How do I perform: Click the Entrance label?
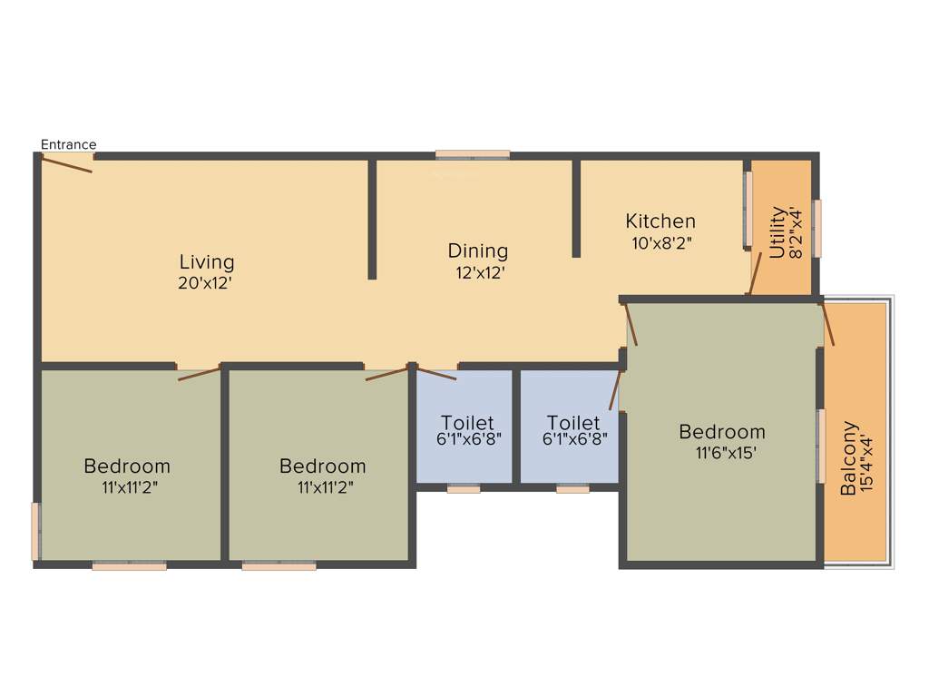(x=68, y=144)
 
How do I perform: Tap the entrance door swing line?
(x=66, y=164)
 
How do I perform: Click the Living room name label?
(x=207, y=262)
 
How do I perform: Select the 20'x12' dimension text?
(x=207, y=282)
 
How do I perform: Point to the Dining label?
(x=478, y=250)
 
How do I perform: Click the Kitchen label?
(x=660, y=221)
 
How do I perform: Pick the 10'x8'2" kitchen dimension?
(x=662, y=242)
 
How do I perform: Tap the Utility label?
(x=777, y=233)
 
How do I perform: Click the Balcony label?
(x=849, y=457)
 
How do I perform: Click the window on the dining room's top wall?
(x=472, y=154)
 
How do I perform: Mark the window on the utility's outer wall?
(x=817, y=228)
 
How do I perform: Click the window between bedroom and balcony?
(x=820, y=445)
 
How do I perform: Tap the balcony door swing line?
(x=827, y=324)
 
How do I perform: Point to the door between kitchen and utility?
(x=754, y=273)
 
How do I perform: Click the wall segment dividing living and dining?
(x=372, y=219)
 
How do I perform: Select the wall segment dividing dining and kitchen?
(x=576, y=208)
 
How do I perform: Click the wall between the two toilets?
(x=516, y=427)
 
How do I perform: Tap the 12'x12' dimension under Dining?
(x=480, y=271)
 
